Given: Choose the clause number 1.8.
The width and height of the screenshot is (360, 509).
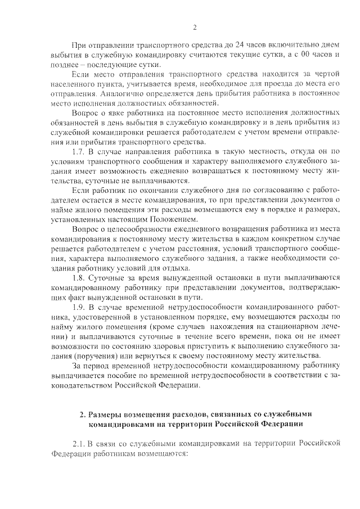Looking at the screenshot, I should tap(80, 278).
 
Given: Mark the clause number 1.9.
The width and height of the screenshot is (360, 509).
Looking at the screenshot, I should tap(80, 308).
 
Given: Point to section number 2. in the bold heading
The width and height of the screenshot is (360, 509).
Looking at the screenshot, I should tap(82, 415).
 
